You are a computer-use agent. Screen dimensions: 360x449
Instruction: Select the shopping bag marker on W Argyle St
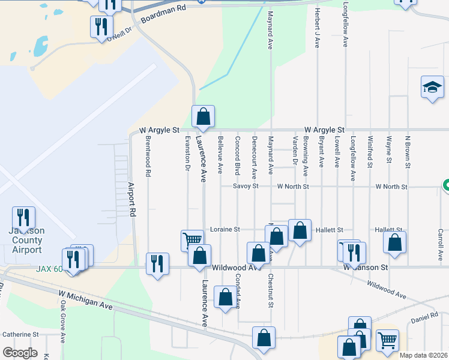[203, 116]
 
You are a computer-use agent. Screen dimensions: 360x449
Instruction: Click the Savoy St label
[246, 187]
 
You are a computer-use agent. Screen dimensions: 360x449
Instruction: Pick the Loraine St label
[225, 229]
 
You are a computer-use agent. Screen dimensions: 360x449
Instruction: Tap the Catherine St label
[20, 334]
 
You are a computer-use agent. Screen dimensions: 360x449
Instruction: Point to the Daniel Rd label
[425, 316]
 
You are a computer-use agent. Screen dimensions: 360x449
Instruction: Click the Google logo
[20, 352]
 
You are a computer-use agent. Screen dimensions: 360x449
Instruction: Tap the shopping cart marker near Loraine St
[192, 240]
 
